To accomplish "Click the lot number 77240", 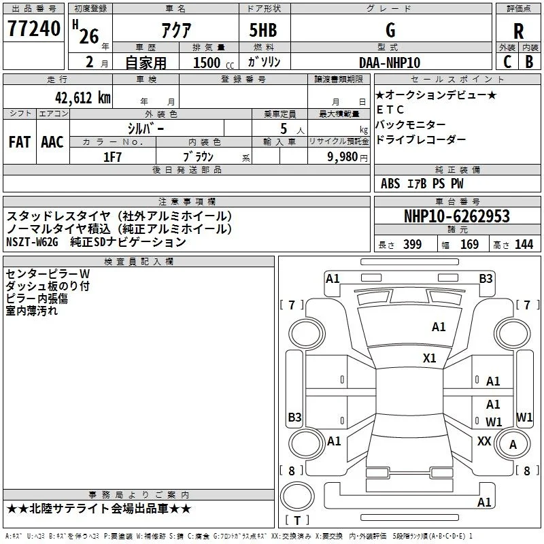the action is pyautogui.click(x=34, y=29).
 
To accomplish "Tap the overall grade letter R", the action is pyautogui.click(x=518, y=31).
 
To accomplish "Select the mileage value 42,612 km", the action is pyautogui.click(x=83, y=98).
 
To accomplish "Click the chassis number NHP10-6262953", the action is pyautogui.click(x=457, y=216).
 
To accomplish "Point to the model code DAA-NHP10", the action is pyautogui.click(x=390, y=63).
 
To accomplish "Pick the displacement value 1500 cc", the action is pyautogui.click(x=214, y=63).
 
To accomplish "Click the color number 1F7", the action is pyautogui.click(x=112, y=157).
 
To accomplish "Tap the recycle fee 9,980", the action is pyautogui.click(x=342, y=157).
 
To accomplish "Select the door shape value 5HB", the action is pyautogui.click(x=263, y=30).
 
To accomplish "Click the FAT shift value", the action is pyautogui.click(x=20, y=142).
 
